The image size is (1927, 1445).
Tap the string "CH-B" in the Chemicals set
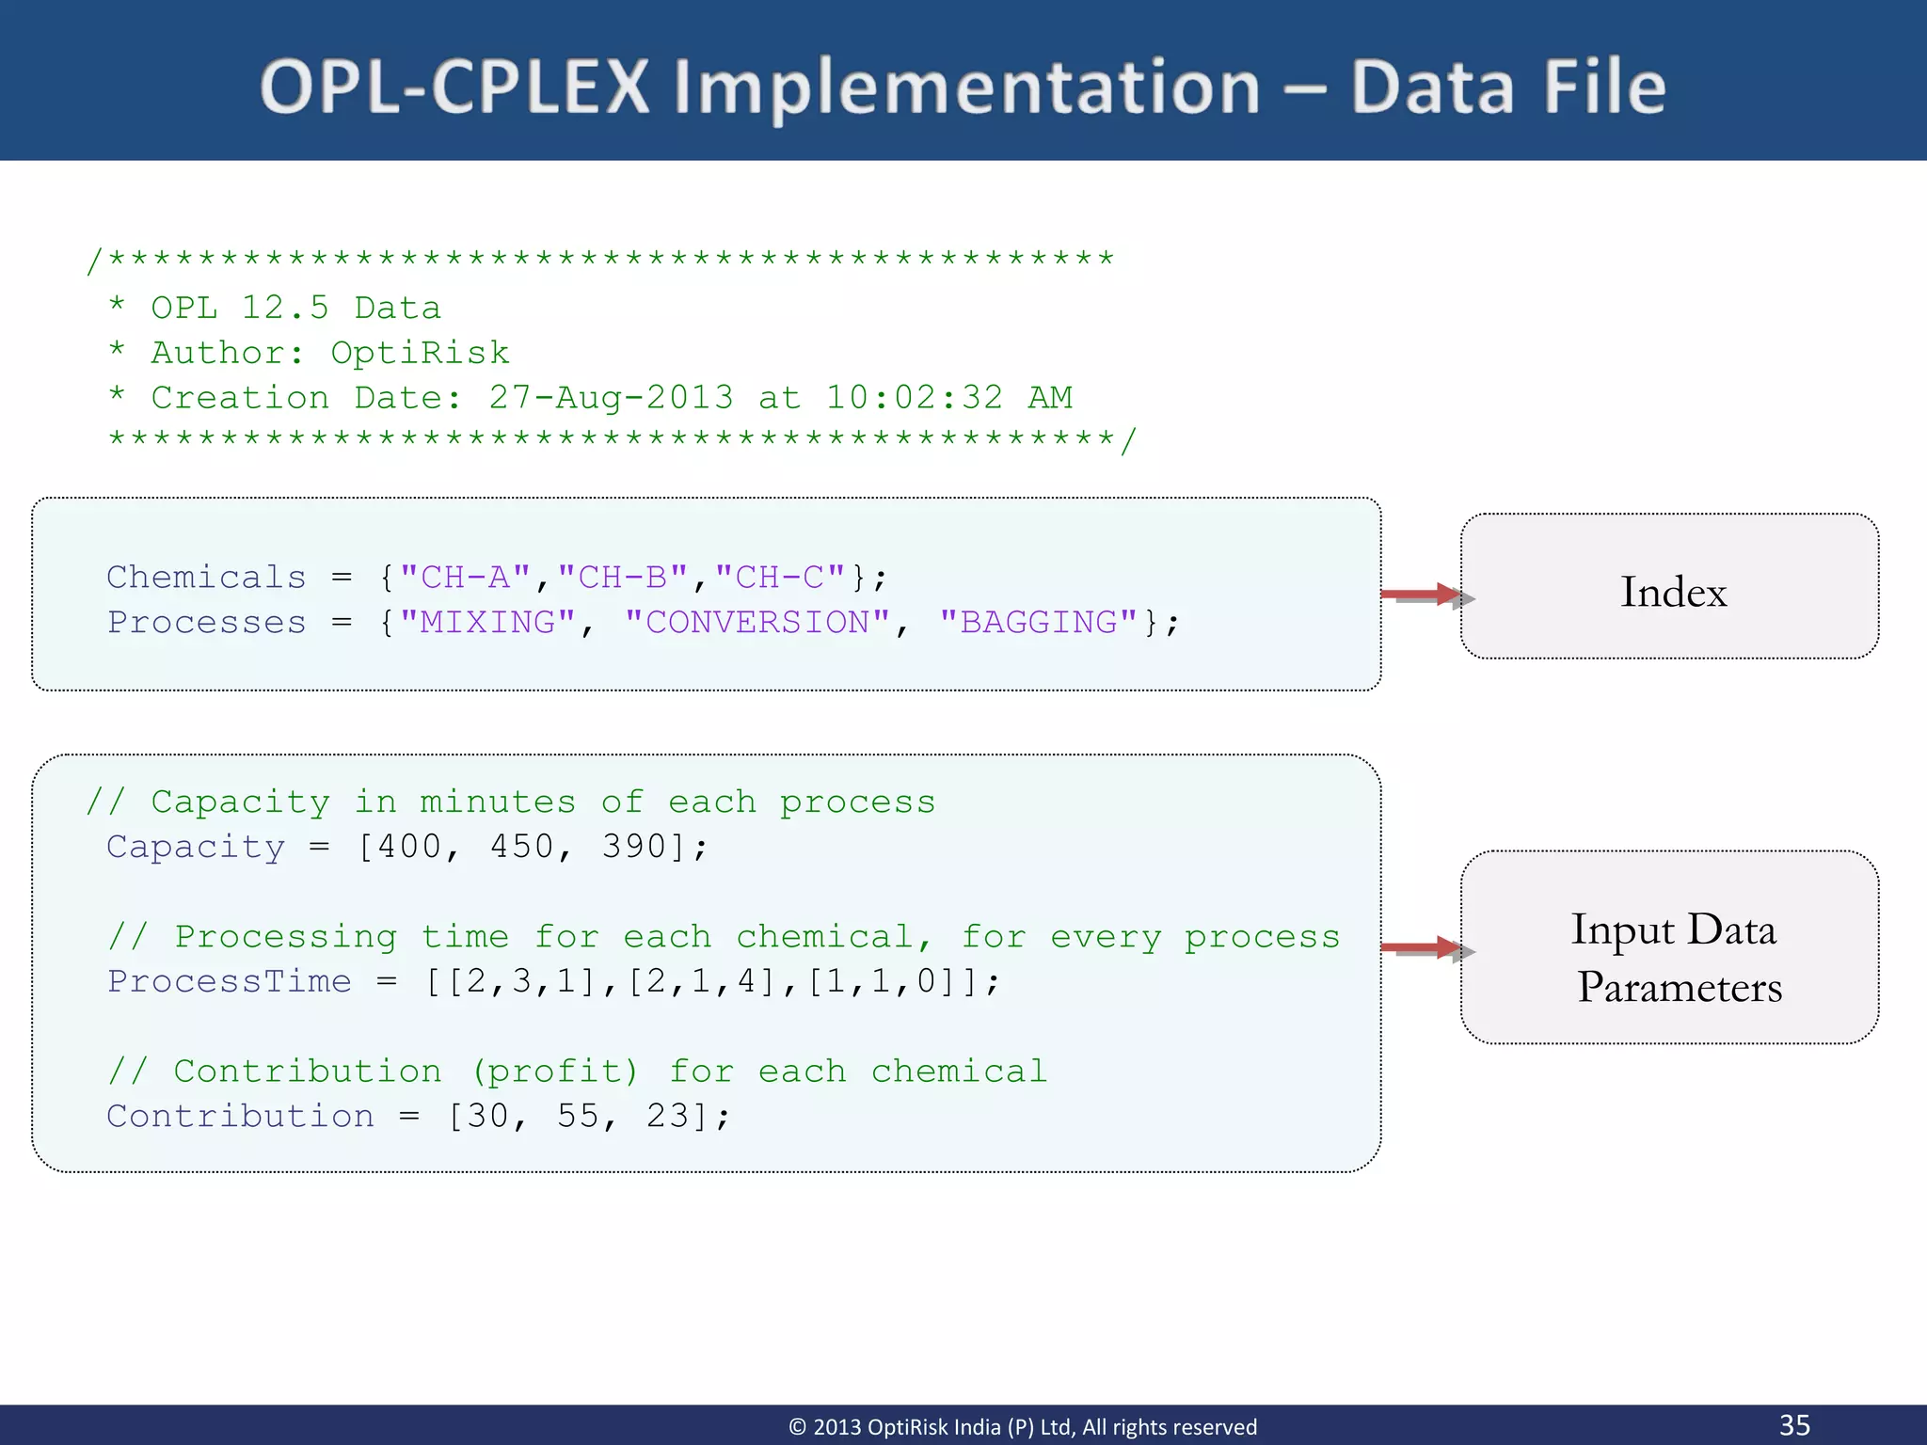(x=623, y=577)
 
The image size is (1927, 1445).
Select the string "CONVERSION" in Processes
(x=757, y=622)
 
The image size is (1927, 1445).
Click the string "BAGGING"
(x=1039, y=622)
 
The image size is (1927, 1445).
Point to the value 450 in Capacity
(x=522, y=846)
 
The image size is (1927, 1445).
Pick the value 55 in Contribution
(x=579, y=1116)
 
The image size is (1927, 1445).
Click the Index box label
(x=1673, y=592)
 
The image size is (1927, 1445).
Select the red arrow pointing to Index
(x=1420, y=595)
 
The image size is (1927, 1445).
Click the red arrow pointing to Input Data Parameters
(x=1420, y=948)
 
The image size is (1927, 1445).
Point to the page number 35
(x=1794, y=1424)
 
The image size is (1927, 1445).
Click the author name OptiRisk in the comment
(x=420, y=353)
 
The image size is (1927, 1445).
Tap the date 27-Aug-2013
(x=611, y=397)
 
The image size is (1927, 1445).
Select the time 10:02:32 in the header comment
(x=914, y=397)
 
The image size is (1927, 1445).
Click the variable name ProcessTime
(x=230, y=981)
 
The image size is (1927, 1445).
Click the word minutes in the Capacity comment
(x=497, y=802)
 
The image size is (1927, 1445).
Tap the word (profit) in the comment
(x=555, y=1071)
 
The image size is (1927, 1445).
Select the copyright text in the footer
(x=1022, y=1427)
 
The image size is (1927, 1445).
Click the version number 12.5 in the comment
(x=285, y=308)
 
